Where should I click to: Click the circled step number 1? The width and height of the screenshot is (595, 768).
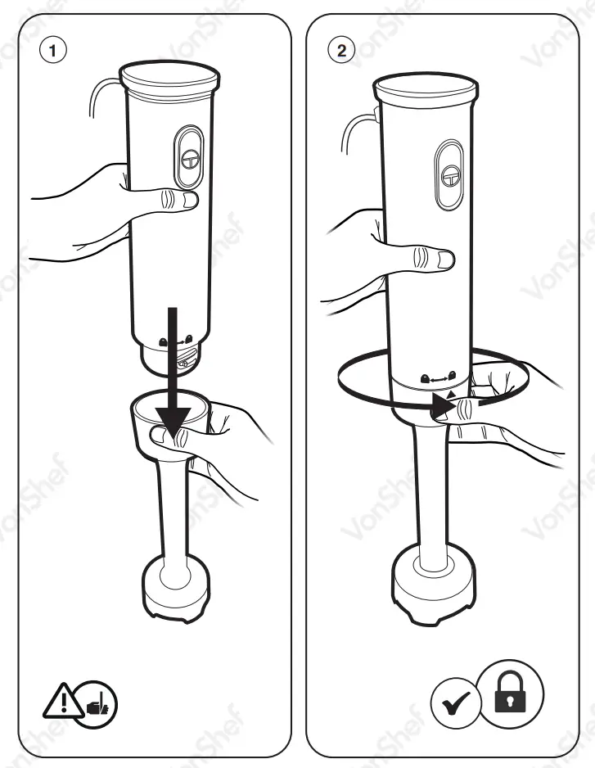(54, 50)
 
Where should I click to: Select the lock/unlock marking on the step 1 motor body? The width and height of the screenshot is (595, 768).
(176, 340)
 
